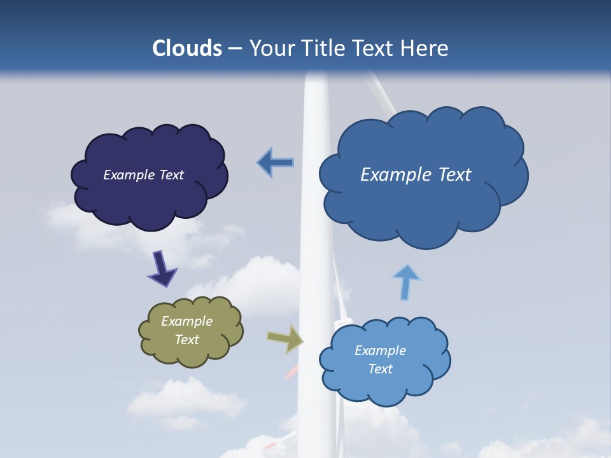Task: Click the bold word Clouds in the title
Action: coord(186,48)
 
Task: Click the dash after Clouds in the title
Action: coord(235,48)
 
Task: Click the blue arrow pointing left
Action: coord(276,163)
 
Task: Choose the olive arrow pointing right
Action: coord(285,338)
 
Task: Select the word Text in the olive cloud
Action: coord(187,340)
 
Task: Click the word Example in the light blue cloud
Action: coord(380,350)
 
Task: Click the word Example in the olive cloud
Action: coord(187,321)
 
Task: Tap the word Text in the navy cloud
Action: coord(171,175)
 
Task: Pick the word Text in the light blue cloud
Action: coord(380,369)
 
